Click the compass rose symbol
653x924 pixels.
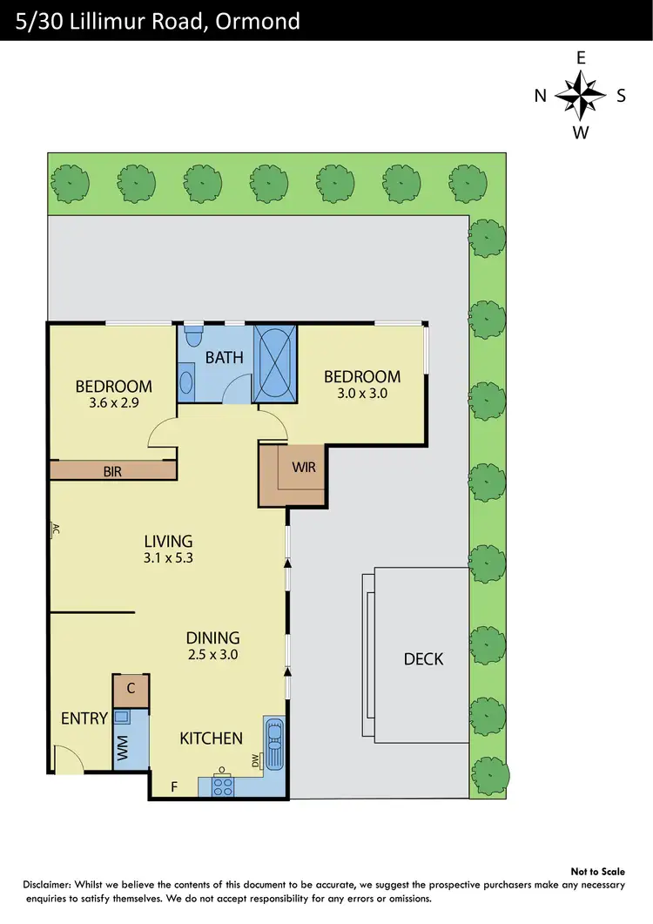coord(581,96)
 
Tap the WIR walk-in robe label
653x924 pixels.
coord(304,467)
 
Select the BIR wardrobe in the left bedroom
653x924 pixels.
coord(113,471)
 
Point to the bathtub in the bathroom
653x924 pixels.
coord(275,364)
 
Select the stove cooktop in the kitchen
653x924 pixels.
coord(222,786)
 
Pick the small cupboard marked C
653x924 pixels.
coord(131,689)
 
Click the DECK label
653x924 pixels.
coord(423,659)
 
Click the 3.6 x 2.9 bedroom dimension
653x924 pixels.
coord(113,403)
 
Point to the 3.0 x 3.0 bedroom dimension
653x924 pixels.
coord(362,393)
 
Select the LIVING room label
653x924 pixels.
coord(168,541)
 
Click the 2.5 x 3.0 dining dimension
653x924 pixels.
coord(212,654)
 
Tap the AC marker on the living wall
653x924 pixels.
coord(54,529)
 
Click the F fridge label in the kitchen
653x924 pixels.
coord(174,787)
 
